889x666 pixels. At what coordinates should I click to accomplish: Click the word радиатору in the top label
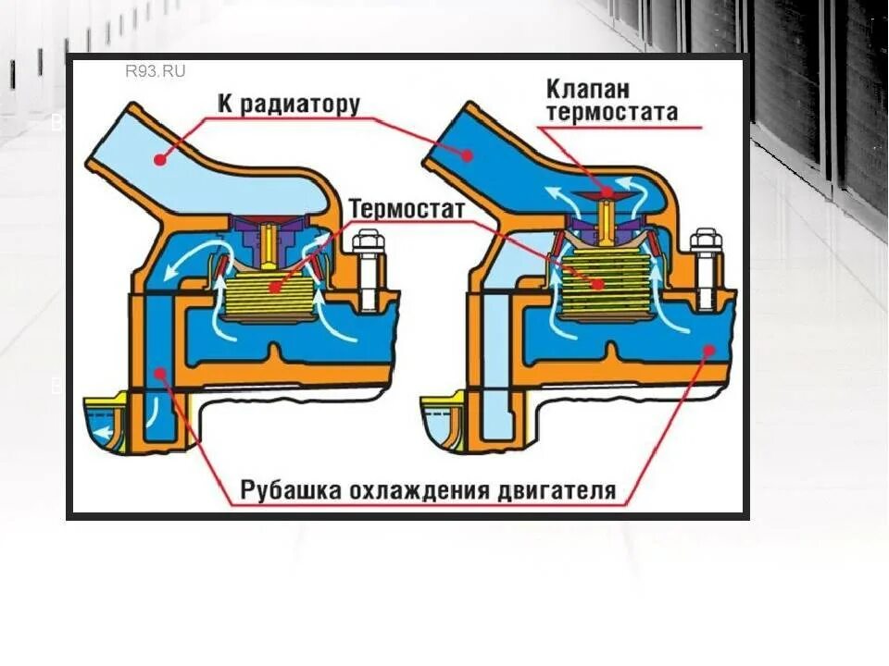coord(300,104)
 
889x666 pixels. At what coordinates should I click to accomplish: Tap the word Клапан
coord(588,90)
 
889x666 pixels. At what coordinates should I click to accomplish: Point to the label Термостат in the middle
coord(407,209)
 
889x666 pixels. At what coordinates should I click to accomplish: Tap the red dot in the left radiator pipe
coord(160,159)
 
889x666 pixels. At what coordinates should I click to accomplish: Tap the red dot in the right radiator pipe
coord(468,154)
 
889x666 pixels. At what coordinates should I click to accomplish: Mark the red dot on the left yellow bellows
coord(274,288)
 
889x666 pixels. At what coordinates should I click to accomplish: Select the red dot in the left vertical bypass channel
coord(159,373)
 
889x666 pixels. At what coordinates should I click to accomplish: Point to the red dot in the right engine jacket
coord(708,350)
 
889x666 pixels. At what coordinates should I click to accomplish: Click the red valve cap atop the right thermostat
coord(607,193)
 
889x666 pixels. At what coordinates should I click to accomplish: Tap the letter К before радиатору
coord(226,104)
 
